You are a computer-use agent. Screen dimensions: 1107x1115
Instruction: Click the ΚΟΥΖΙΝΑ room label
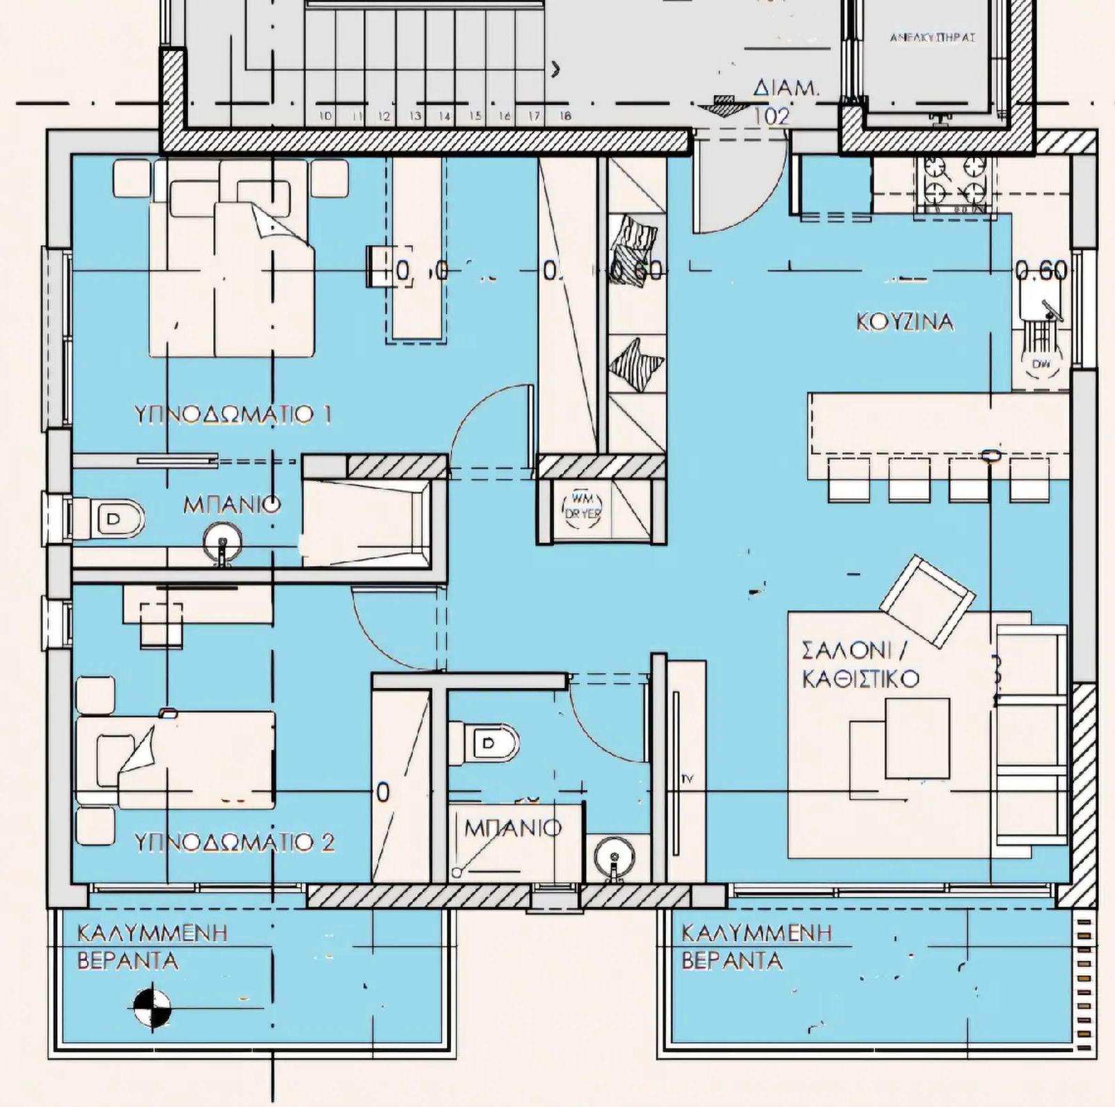[904, 322]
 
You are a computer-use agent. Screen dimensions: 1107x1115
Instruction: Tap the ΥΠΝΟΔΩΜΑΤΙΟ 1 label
[232, 415]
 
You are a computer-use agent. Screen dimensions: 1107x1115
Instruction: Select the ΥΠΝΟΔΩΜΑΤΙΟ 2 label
[234, 842]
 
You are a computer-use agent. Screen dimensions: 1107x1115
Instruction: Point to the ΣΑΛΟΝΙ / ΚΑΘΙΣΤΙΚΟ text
[860, 665]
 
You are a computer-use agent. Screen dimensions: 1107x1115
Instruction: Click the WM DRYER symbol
[582, 507]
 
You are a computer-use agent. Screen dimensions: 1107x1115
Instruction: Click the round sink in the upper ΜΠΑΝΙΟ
[222, 542]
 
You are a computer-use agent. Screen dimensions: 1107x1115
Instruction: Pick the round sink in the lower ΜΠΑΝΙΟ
[614, 856]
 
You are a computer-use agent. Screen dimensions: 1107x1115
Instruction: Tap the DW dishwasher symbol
[1040, 363]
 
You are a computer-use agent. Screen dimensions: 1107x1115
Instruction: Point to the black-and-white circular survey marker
[152, 1007]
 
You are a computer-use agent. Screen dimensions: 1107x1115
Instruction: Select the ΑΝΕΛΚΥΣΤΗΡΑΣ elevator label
[932, 37]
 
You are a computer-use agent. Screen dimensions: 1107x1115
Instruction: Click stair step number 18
[565, 116]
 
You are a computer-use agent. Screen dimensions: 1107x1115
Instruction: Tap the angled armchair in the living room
[927, 600]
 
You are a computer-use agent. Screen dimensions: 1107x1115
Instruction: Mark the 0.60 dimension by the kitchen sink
[1041, 270]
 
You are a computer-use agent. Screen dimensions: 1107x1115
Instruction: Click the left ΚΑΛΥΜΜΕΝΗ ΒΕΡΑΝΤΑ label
[152, 947]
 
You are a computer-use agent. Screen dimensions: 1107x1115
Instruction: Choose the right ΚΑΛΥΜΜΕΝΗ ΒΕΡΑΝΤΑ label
[756, 947]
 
